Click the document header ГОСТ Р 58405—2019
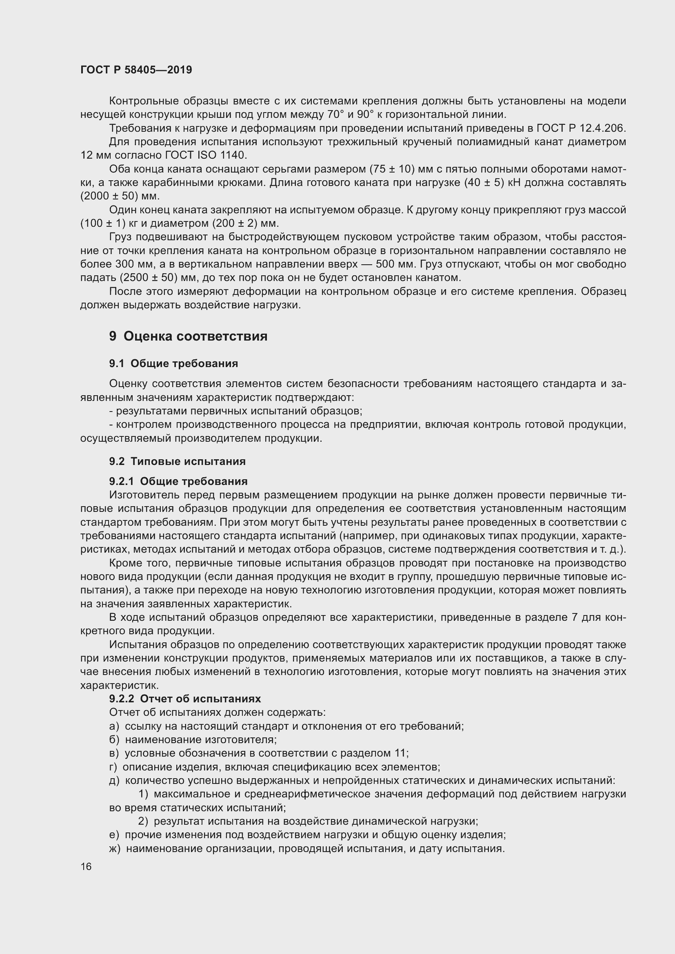[x=136, y=70]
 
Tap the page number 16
[x=86, y=866]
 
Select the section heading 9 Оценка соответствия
[x=188, y=336]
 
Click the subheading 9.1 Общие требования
[x=173, y=363]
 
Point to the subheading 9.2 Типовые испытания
[x=177, y=461]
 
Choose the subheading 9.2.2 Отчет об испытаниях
[x=185, y=698]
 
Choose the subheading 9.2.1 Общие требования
[x=178, y=481]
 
